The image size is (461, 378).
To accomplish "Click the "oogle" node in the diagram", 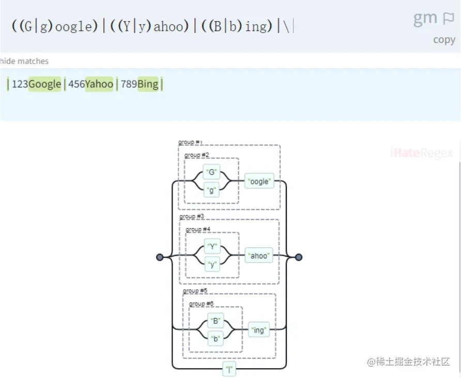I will coord(259,181).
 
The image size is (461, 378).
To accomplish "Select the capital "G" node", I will coord(211,172).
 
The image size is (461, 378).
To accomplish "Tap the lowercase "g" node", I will coord(211,190).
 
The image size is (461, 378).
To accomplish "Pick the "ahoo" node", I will coord(259,256).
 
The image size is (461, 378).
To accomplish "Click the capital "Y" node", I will coord(212,246).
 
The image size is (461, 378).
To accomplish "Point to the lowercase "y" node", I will coord(212,264).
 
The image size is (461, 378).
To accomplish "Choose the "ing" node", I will coord(259,330).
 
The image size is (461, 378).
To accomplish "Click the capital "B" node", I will coord(215,321).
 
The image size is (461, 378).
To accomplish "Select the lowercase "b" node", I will coord(215,339).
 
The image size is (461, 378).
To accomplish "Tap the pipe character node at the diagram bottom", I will coord(229,369).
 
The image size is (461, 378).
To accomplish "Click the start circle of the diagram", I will coord(160,257).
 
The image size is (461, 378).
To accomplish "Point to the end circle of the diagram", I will coord(298,257).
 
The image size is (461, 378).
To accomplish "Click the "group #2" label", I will coord(197,155).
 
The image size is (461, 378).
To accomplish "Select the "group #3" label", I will coord(192,216).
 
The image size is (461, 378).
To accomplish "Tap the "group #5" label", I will coord(195,291).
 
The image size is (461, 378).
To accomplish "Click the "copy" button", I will coord(444,40).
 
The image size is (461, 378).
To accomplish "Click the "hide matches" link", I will coord(24,61).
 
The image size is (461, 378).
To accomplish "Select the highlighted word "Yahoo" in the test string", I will coord(99,84).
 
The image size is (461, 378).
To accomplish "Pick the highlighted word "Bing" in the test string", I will coord(148,84).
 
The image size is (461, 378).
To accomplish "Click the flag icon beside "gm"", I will coord(448,19).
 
